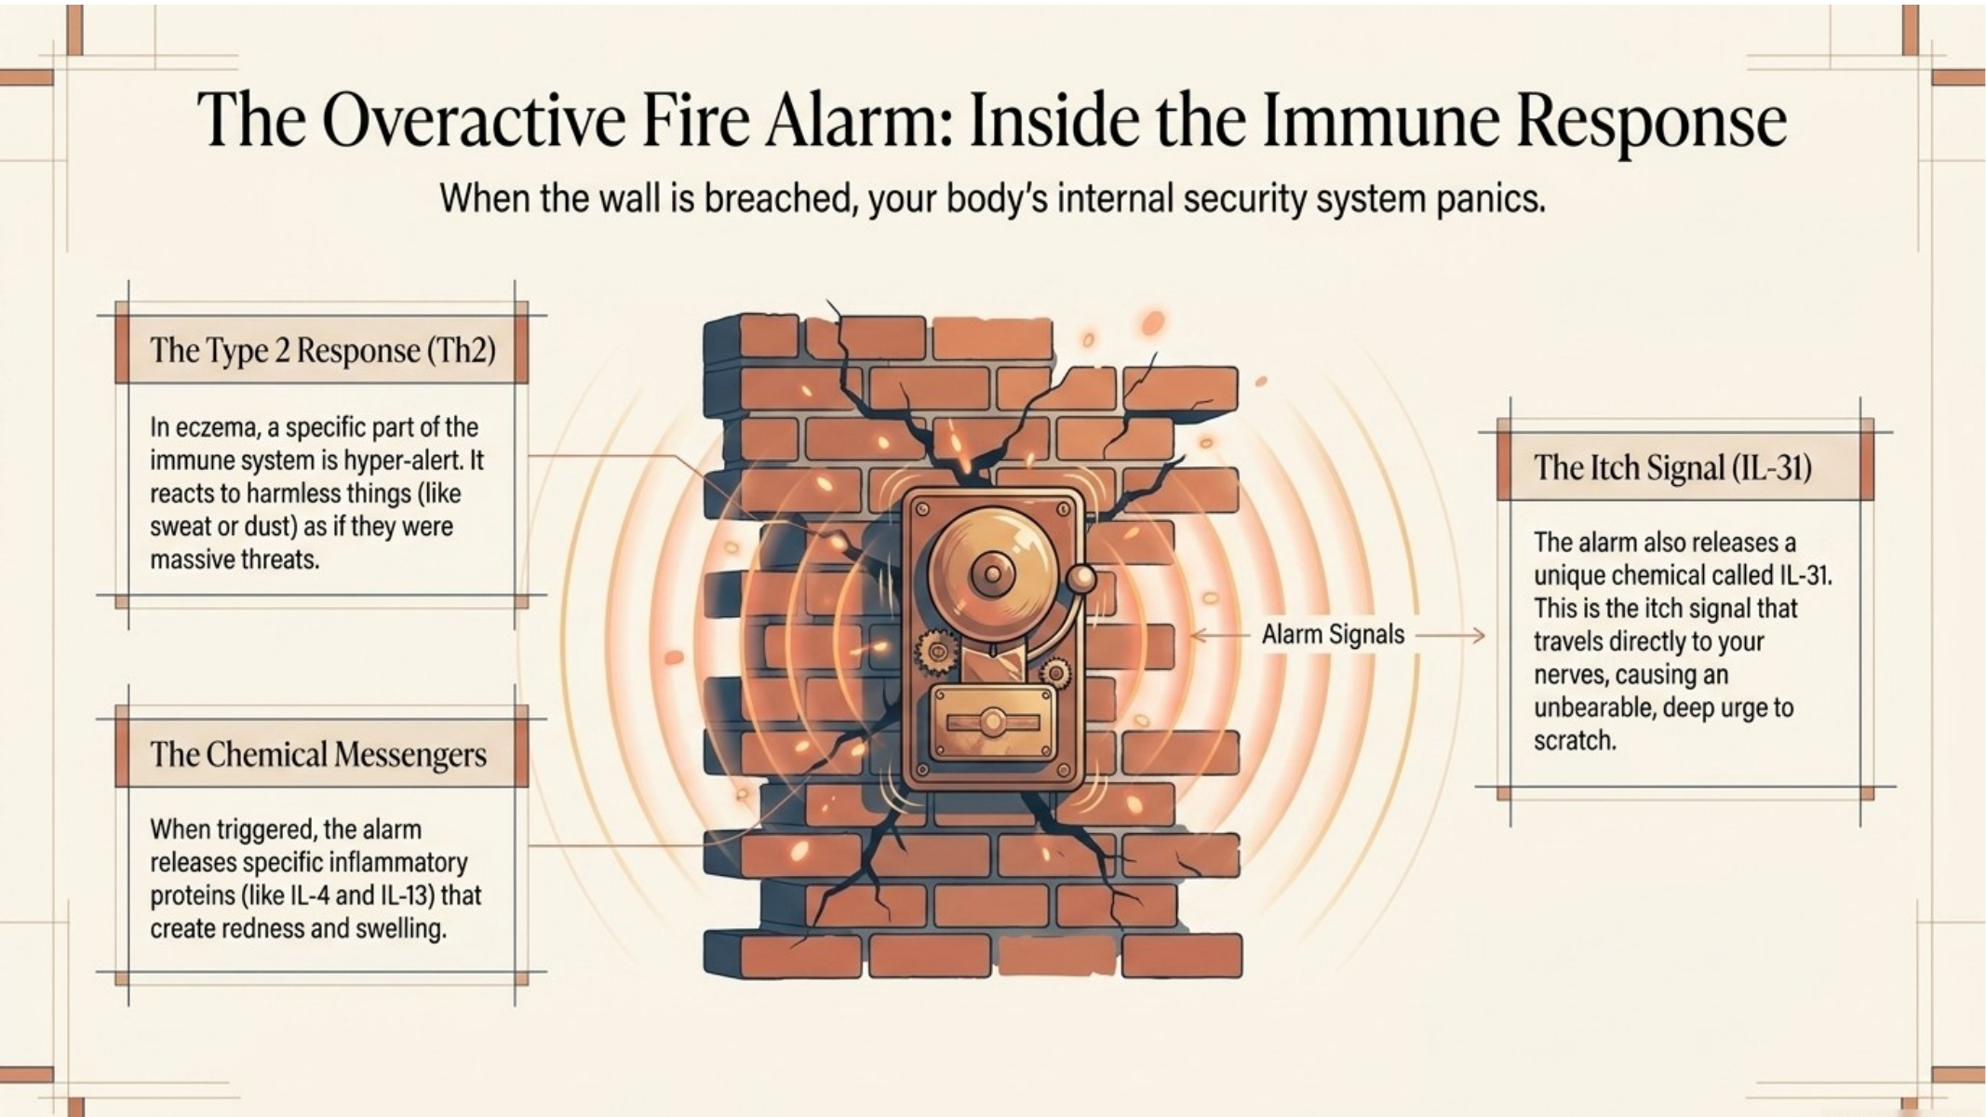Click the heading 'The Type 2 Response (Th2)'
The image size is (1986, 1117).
pos(323,351)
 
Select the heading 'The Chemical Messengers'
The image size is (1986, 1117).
pos(318,754)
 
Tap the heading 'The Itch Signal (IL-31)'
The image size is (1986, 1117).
pos(1672,467)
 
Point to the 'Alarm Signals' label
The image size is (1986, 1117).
pos(1333,635)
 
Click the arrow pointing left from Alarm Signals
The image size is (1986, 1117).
pos(1220,636)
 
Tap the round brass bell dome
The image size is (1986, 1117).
pos(994,572)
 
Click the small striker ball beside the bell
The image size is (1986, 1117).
pos(1082,580)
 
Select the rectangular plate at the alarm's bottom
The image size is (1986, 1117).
pos(994,722)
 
